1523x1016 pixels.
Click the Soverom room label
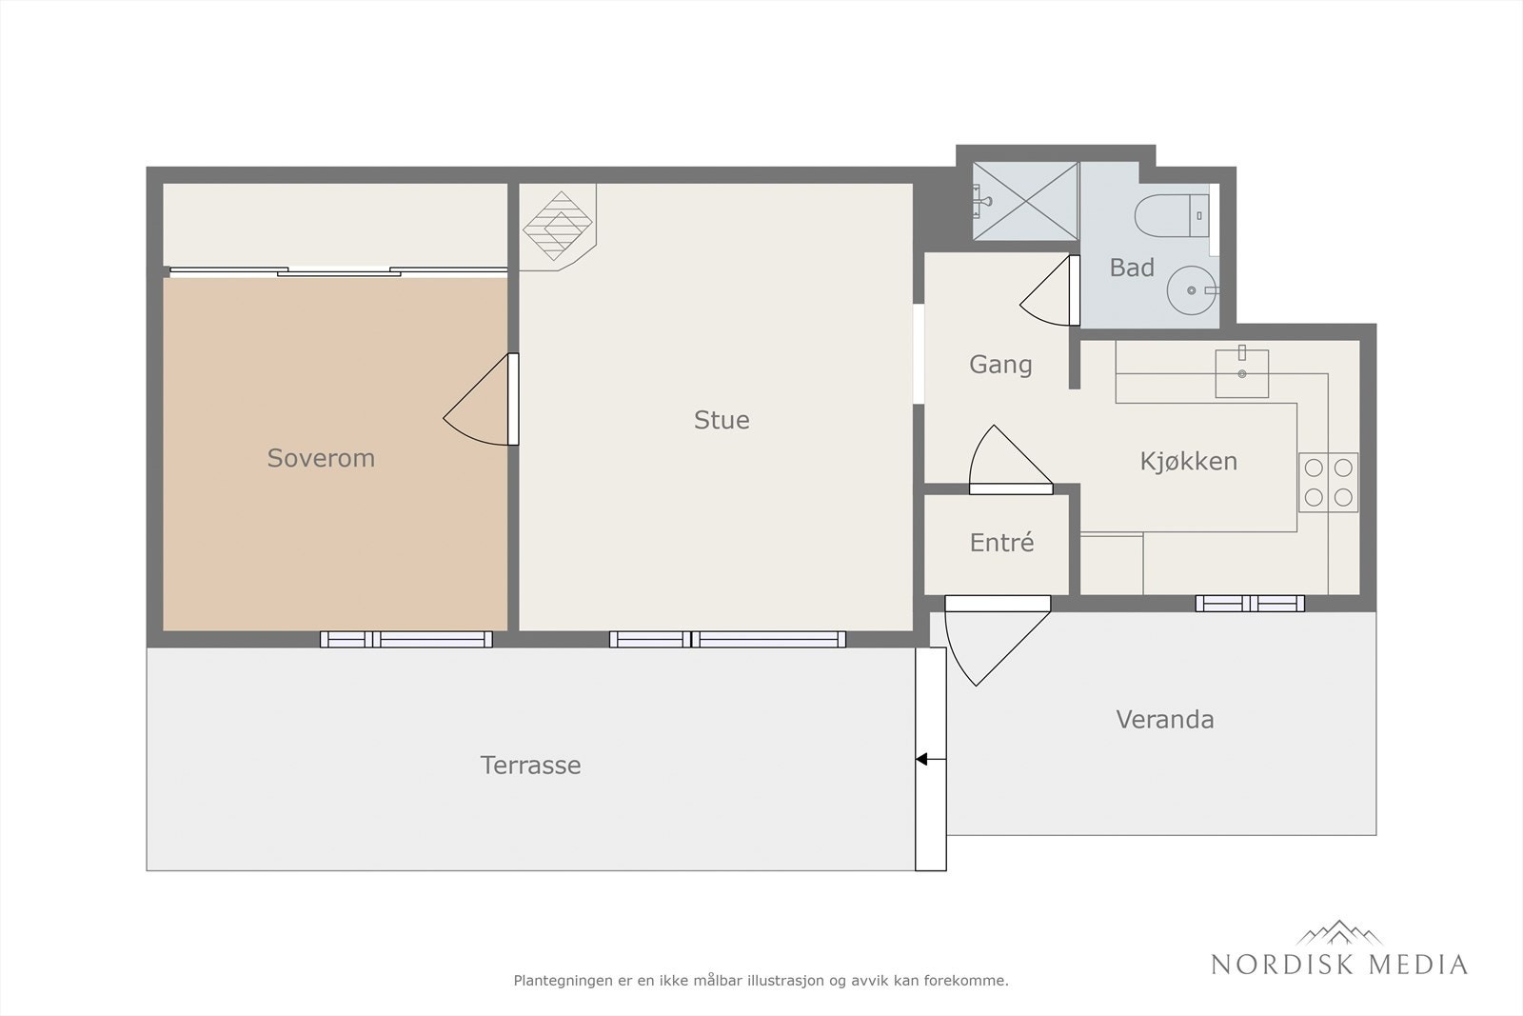click(x=321, y=458)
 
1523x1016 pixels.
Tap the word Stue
click(x=722, y=420)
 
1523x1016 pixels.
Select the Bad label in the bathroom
click(x=1132, y=268)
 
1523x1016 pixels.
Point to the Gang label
click(x=1000, y=366)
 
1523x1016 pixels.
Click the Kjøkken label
click(x=1189, y=462)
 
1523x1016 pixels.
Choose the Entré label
click(x=1001, y=543)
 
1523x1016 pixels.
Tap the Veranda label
click(x=1165, y=720)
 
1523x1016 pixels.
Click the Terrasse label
click(x=530, y=766)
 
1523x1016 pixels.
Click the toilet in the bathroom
click(x=1172, y=215)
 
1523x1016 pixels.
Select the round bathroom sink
click(x=1191, y=290)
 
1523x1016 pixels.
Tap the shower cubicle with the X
click(x=1025, y=201)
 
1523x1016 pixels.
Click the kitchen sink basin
click(x=1242, y=373)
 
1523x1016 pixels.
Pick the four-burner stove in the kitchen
click(x=1329, y=483)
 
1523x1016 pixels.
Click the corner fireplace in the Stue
click(x=558, y=228)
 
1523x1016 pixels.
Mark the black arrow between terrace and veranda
click(x=931, y=759)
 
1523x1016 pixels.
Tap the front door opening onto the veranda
click(x=998, y=641)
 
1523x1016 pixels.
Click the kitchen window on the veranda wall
click(x=1250, y=603)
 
